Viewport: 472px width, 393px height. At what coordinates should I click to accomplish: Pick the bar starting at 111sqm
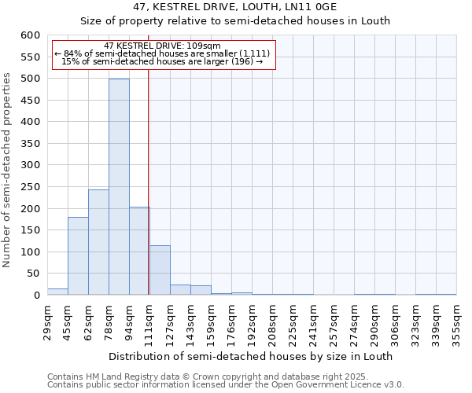click(x=160, y=270)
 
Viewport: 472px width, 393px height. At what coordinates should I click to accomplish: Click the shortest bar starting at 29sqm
click(x=57, y=292)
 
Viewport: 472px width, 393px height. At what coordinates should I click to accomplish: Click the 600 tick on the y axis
click(x=29, y=35)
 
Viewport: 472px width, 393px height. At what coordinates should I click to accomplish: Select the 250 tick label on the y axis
click(x=29, y=209)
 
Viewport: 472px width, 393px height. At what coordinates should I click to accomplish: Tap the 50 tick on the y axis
click(x=32, y=274)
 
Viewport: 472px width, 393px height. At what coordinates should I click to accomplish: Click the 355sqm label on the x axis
click(x=457, y=321)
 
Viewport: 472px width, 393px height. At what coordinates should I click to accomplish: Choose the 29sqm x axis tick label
click(x=48, y=321)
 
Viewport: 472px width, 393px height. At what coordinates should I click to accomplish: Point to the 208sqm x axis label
click(x=273, y=321)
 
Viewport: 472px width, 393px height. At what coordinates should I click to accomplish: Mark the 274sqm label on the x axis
click(x=355, y=321)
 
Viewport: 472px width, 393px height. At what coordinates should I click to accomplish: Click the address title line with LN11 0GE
click(x=236, y=7)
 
